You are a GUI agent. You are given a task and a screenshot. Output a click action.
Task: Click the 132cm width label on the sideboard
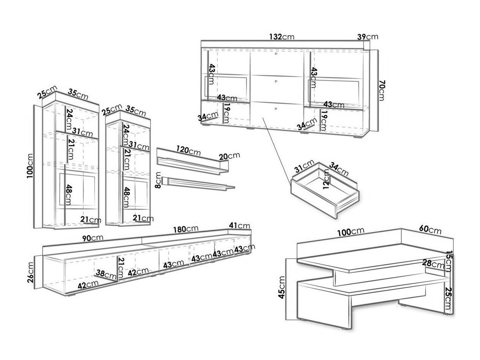tap(282, 37)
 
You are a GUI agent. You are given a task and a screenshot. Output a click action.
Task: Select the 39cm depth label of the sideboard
tap(368, 37)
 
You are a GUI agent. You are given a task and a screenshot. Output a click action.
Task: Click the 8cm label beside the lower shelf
tap(158, 180)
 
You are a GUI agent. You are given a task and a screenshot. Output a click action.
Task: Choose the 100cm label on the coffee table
tap(353, 231)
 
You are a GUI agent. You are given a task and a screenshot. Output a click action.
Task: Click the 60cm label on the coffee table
tap(430, 230)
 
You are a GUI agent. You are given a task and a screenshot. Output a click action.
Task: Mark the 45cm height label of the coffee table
tap(282, 288)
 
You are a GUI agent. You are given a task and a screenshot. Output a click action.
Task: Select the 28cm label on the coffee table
tap(433, 263)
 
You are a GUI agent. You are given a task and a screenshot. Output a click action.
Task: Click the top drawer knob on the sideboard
tap(275, 55)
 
